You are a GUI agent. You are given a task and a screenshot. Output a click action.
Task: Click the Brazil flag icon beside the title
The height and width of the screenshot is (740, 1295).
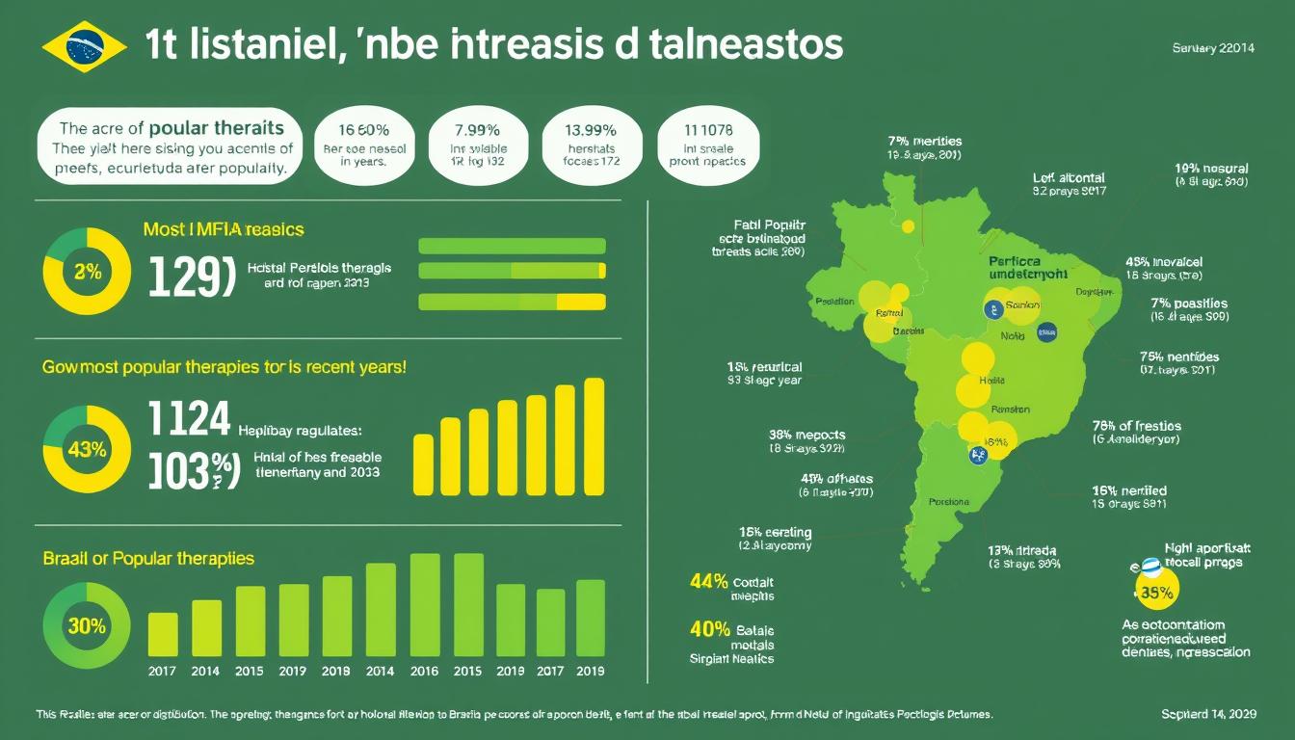[x=85, y=46]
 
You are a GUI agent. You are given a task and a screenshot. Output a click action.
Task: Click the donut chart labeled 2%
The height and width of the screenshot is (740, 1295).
[x=87, y=272]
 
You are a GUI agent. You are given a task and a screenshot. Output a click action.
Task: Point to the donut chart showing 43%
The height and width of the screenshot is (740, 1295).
[x=87, y=450]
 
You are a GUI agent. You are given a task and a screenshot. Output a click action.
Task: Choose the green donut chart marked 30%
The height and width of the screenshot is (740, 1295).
[x=87, y=625]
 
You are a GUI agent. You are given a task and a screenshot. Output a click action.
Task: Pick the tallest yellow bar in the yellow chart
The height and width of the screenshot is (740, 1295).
[x=595, y=436]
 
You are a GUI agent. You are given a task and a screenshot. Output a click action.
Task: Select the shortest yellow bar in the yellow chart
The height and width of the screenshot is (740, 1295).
[x=423, y=464]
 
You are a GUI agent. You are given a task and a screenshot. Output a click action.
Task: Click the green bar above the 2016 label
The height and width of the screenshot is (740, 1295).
[x=425, y=604]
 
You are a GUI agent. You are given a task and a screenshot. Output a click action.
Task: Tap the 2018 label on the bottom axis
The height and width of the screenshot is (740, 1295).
[x=336, y=672]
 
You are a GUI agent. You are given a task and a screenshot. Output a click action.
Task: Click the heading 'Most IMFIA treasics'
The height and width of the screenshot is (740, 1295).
[x=223, y=229]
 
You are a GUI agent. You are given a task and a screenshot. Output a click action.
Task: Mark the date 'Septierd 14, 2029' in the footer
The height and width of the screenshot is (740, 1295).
[x=1207, y=715]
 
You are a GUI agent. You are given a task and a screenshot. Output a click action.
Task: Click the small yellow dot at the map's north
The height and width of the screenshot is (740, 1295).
[x=900, y=291]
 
